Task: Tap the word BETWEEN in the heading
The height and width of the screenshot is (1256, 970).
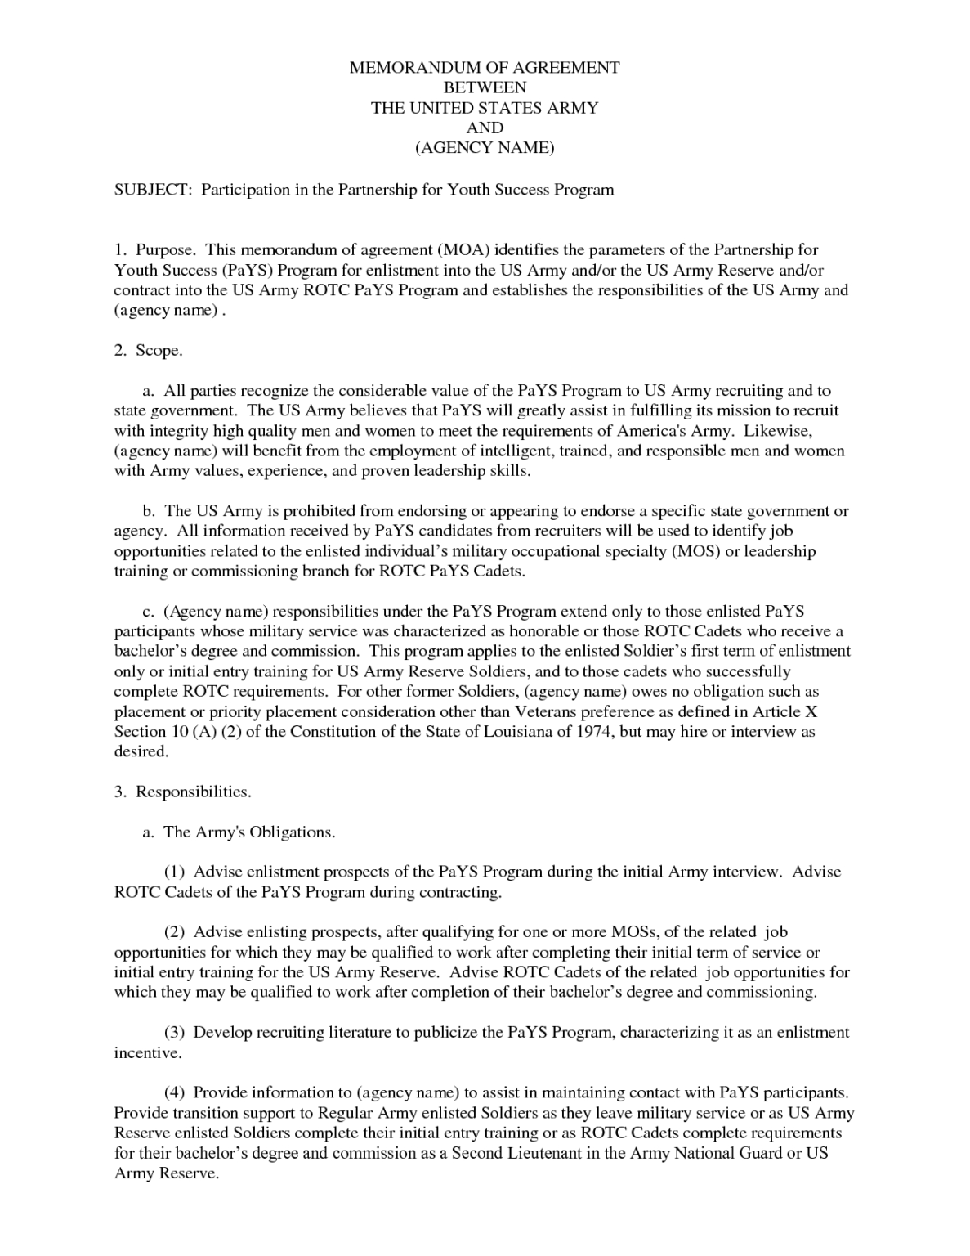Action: coord(485,87)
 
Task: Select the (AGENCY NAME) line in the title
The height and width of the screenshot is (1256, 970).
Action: coord(485,148)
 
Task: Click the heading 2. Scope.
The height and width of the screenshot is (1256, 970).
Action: coord(148,350)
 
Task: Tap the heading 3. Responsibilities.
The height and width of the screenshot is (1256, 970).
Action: coord(182,792)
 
